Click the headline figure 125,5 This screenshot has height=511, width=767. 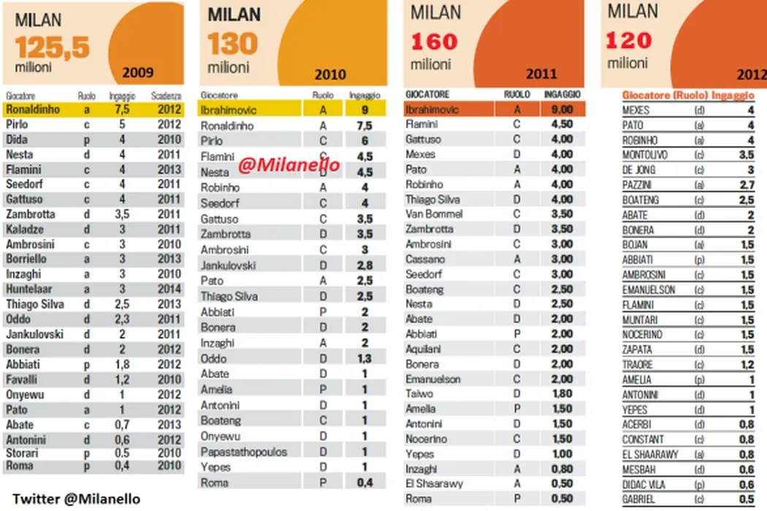pos(52,47)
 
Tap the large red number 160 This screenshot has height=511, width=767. pos(434,42)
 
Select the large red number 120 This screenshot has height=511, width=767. pos(628,40)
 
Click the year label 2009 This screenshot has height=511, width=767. pos(138,72)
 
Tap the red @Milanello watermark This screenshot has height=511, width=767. pos(289,165)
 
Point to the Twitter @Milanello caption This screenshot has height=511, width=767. pos(77,498)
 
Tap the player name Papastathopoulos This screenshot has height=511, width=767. pos(243,452)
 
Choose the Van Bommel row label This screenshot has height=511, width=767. pos(434,214)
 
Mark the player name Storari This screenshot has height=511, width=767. pos(23,453)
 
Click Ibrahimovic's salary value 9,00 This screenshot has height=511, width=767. pos(562,109)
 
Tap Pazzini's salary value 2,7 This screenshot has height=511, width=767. pos(744,185)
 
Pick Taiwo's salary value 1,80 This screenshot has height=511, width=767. pos(562,394)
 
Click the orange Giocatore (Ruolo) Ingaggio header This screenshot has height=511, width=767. pos(687,95)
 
